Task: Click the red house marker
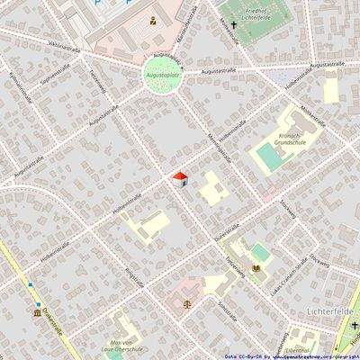(180, 178)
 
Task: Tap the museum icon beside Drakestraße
(38, 313)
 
